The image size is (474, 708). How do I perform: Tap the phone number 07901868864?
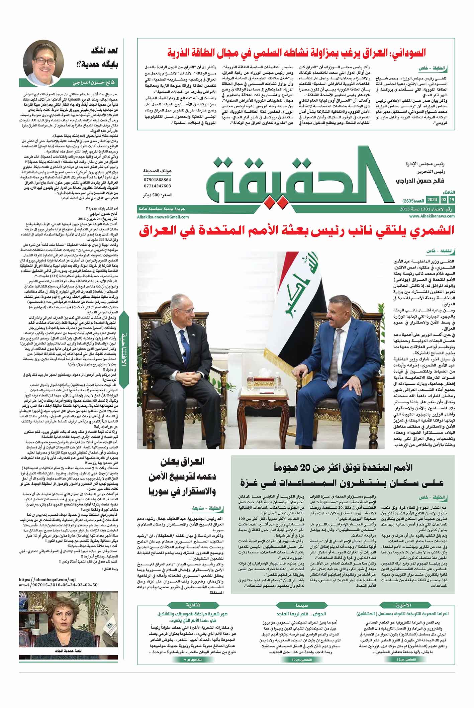pos(157,180)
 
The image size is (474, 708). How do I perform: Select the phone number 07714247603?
pos(157,186)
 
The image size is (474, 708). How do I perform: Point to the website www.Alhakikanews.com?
pos(432,216)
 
